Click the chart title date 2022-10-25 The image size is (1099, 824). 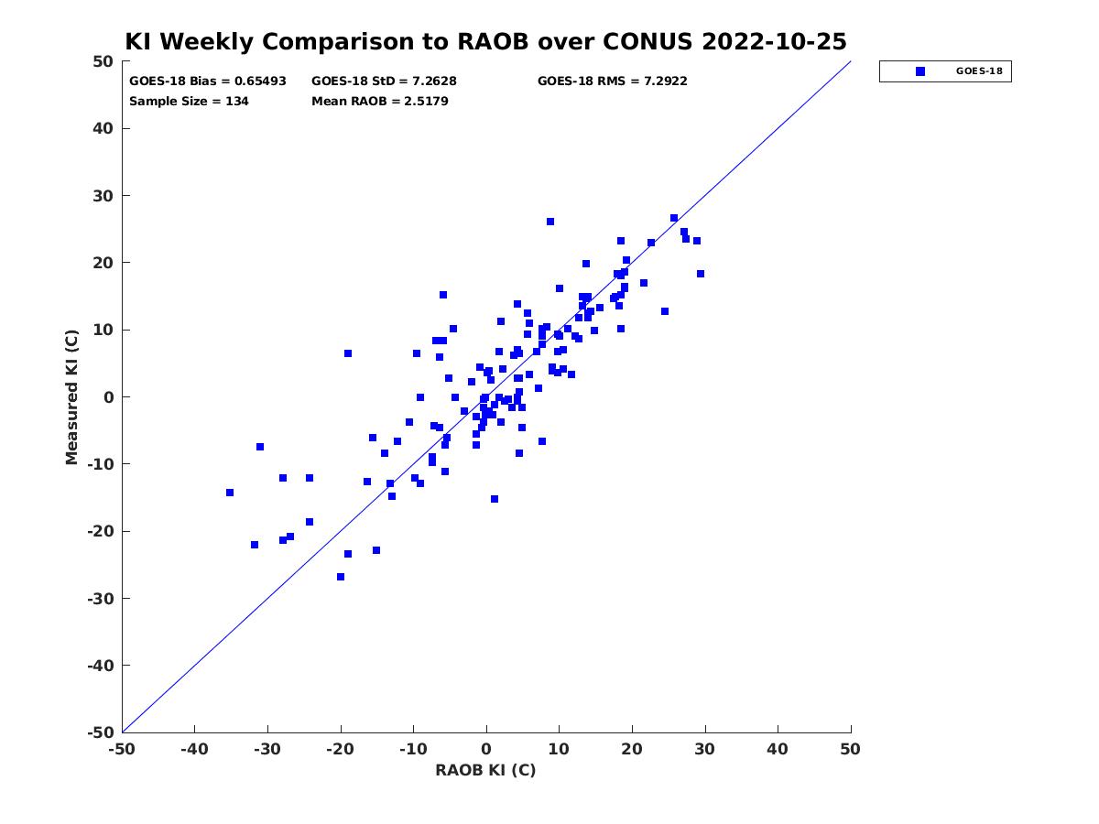pos(774,41)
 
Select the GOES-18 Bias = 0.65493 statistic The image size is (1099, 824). pos(207,81)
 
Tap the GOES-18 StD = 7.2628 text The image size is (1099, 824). pos(384,81)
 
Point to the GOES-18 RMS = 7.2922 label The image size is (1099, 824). pos(612,81)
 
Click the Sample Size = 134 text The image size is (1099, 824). pos(189,102)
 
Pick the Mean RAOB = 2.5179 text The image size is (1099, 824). pos(379,102)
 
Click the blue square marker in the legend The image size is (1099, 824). pos(919,71)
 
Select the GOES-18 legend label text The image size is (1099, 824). pos(979,71)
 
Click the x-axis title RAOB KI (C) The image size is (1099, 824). pos(485,770)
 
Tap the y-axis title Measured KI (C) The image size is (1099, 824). pos(71,396)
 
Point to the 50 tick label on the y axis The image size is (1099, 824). pos(103,61)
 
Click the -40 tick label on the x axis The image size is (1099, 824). pos(194,749)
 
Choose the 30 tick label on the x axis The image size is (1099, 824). pos(704,749)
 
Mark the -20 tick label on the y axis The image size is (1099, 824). pos(101,531)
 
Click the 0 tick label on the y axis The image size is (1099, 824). pos(109,397)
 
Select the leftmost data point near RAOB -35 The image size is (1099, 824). pos(230,493)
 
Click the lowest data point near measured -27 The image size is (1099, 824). pos(341,577)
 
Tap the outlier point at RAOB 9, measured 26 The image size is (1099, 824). pos(550,222)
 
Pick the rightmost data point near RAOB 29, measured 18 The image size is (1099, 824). pos(701,274)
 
